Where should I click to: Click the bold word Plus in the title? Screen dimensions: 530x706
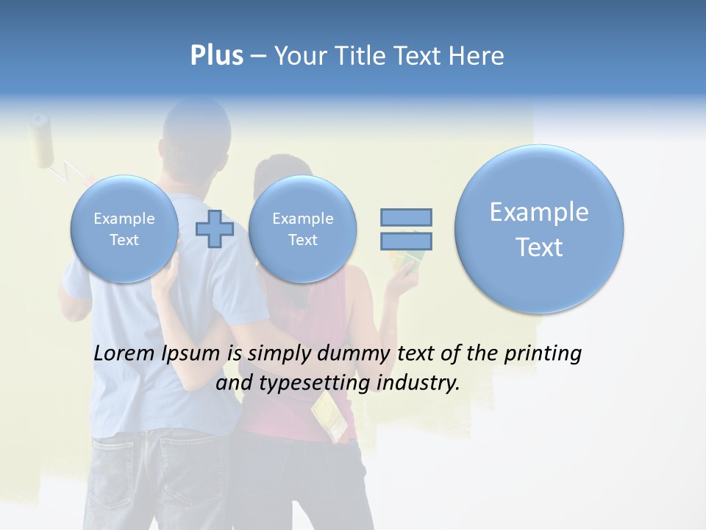tap(216, 56)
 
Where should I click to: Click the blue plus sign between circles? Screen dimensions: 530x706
tap(214, 229)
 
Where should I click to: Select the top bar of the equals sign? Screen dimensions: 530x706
tap(406, 217)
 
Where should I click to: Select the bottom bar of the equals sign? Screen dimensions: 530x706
tap(406, 241)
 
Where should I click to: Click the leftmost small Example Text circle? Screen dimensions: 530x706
tap(124, 229)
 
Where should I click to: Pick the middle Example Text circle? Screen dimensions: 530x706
tap(302, 229)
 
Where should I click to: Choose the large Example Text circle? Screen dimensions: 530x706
tap(539, 229)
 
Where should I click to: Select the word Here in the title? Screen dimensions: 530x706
tap(478, 56)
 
